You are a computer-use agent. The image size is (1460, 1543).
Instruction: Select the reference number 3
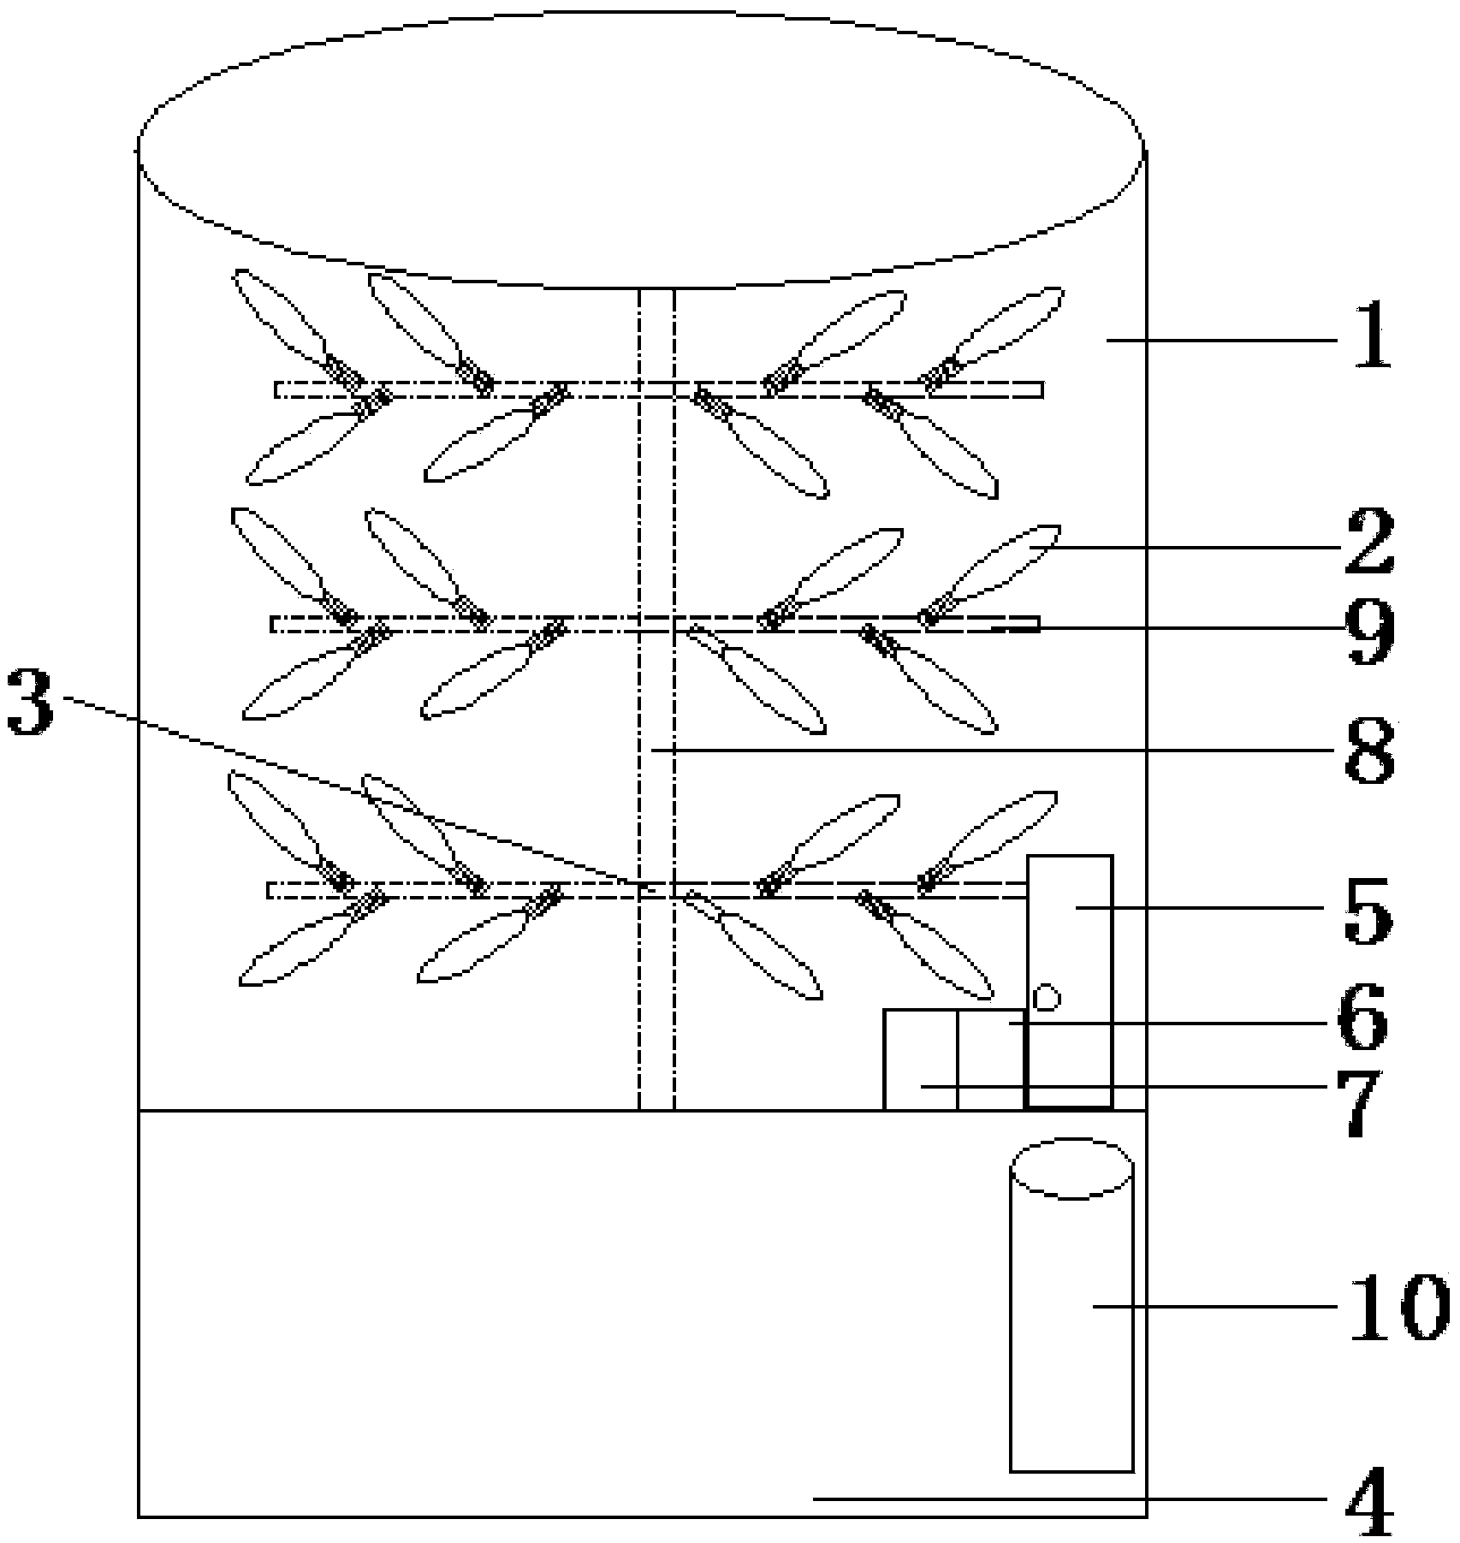click(31, 701)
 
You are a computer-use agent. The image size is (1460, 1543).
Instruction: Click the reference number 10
click(1397, 1307)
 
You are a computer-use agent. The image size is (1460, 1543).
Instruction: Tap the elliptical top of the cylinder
click(1071, 1168)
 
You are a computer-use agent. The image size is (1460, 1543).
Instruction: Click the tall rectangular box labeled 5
click(1070, 941)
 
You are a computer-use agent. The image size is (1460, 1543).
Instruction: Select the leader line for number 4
click(1070, 1498)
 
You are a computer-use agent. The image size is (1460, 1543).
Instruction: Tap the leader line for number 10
click(1215, 1306)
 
